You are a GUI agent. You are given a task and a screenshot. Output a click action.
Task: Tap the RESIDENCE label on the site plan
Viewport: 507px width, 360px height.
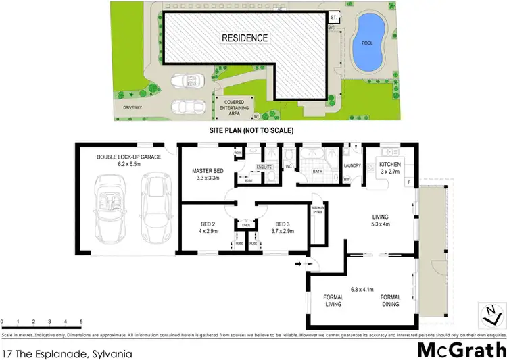click(245, 38)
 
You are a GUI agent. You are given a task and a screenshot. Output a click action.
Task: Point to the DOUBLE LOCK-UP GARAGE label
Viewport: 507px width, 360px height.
click(128, 157)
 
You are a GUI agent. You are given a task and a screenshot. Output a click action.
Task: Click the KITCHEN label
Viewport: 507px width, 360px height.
click(392, 165)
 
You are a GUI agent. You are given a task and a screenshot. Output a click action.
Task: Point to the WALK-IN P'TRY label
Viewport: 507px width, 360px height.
click(317, 211)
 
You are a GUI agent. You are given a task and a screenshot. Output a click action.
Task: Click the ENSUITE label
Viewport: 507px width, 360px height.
click(264, 166)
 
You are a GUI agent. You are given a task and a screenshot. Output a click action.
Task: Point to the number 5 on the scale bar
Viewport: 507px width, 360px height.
click(81, 322)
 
